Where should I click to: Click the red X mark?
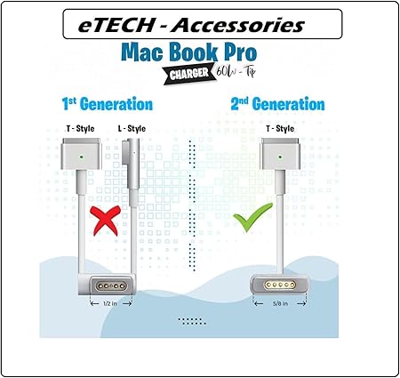(x=106, y=221)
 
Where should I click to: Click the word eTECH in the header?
(x=116, y=25)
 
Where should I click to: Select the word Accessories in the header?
(x=237, y=25)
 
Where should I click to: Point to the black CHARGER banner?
(x=190, y=74)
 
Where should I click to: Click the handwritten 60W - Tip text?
(x=236, y=71)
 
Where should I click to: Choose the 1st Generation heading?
(x=108, y=104)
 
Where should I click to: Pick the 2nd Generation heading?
(x=277, y=104)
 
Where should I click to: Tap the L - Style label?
(x=132, y=128)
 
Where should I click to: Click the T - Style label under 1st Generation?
(x=81, y=128)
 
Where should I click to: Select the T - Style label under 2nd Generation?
(x=280, y=128)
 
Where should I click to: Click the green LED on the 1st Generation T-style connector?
(x=81, y=157)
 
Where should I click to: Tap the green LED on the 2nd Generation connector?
(x=280, y=157)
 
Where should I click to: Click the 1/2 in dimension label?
(x=110, y=303)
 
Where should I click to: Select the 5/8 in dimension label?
(x=280, y=303)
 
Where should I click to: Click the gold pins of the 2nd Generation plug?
(x=280, y=286)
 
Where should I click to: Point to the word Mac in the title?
(x=142, y=52)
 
